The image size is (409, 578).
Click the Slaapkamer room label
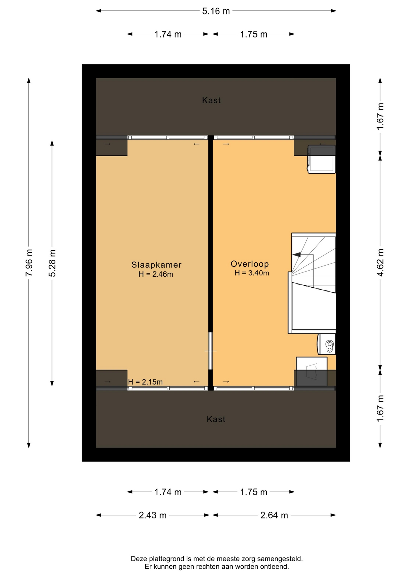(156, 265)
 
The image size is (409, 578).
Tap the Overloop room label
(250, 264)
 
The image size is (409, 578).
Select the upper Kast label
(211, 100)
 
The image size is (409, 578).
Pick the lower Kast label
(216, 419)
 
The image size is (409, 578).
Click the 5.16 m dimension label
(216, 11)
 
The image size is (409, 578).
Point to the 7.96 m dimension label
(29, 263)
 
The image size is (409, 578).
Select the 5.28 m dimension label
(52, 263)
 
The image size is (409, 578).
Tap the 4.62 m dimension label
(380, 263)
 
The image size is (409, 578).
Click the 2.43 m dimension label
(153, 515)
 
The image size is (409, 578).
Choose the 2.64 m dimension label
(274, 515)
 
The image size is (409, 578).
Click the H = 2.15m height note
(145, 382)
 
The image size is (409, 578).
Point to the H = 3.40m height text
(252, 273)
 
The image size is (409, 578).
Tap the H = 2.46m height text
(156, 274)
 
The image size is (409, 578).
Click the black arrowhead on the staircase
(297, 255)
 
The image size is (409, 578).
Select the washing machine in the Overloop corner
(321, 159)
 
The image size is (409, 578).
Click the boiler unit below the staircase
(326, 344)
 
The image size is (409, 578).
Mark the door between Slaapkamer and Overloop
(211, 351)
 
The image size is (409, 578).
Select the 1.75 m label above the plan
(254, 34)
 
